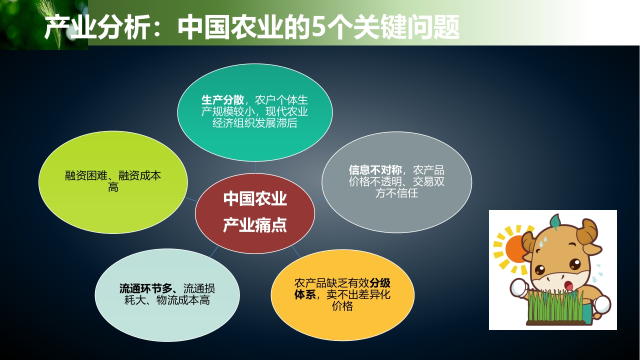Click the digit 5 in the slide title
tap(318, 27)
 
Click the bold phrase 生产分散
tap(222, 100)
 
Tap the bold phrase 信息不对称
tap(375, 170)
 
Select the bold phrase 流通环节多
tap(146, 288)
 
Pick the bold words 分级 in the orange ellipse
tap(380, 283)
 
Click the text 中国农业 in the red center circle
tap(255, 199)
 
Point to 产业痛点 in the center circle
tap(255, 225)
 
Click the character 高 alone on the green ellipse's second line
tap(113, 187)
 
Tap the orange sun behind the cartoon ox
tap(516, 248)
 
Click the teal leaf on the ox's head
tap(555, 221)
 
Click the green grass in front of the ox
tap(555, 306)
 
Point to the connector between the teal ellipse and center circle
tap(255, 167)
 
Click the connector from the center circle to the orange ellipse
tap(296, 251)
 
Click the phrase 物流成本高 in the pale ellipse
tap(183, 300)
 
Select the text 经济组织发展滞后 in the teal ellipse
tap(255, 123)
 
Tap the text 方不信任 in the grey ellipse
tap(396, 193)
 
